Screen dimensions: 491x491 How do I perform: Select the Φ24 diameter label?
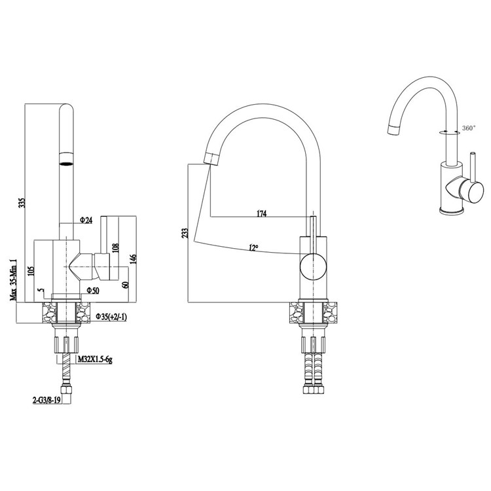point(86,221)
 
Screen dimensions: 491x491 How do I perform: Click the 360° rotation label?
point(469,128)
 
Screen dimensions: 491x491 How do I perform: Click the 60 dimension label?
point(125,285)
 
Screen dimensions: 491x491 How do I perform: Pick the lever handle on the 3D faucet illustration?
point(464,190)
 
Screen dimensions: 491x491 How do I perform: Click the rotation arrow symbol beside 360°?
point(450,132)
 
